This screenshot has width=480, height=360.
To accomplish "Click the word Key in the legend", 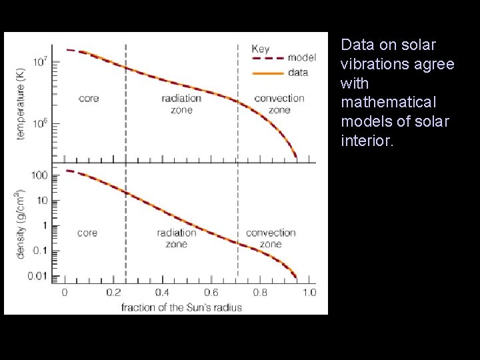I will [x=261, y=49].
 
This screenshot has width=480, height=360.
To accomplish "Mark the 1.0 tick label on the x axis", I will [x=309, y=293].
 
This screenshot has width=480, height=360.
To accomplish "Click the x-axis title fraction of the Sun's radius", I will [x=181, y=307].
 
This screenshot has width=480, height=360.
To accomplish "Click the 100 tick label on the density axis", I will [x=39, y=175].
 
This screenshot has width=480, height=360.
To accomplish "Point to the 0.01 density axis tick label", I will [x=37, y=276].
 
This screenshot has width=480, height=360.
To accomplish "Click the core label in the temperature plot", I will [x=89, y=99].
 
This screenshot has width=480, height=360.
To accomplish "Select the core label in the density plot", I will [x=87, y=233].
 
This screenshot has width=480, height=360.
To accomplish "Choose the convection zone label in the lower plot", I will [x=271, y=238].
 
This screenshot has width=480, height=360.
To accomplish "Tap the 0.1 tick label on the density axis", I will [x=40, y=251].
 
